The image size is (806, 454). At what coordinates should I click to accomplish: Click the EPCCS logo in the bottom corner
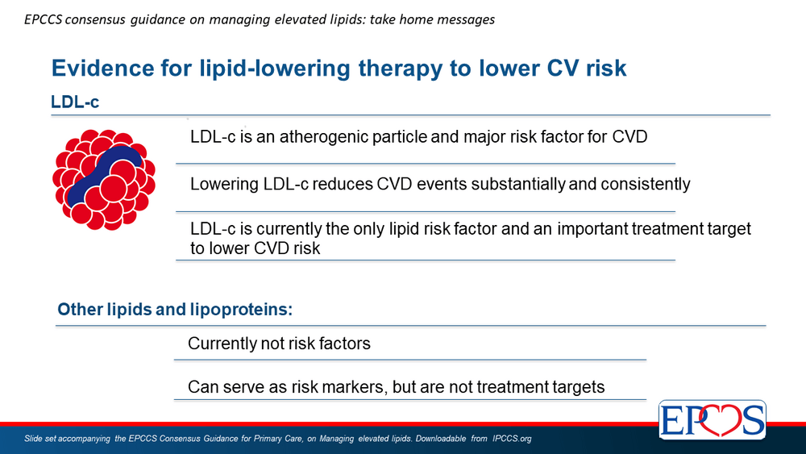(713, 419)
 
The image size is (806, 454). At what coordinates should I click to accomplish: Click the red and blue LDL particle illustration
(104, 180)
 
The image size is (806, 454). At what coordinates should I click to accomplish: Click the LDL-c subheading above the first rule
(75, 102)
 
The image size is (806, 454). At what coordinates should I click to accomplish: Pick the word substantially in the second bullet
(517, 184)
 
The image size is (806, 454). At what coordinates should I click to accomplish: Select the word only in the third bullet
(369, 228)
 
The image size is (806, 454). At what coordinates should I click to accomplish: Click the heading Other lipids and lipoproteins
(175, 309)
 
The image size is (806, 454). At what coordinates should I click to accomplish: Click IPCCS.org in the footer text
(512, 439)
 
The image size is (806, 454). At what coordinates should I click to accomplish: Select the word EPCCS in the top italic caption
(44, 19)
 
